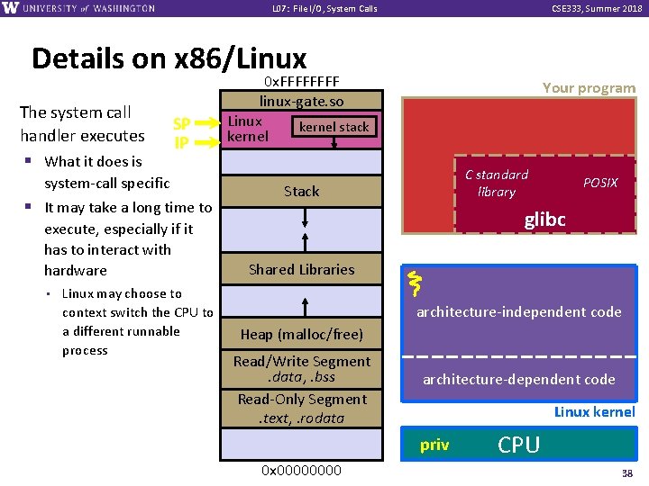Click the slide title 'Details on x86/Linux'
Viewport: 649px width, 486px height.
tap(169, 58)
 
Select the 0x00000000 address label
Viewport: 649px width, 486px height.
tap(301, 470)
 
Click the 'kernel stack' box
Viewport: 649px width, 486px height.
tap(334, 127)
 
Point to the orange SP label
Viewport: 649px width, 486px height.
tap(181, 124)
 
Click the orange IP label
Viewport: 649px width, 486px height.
tap(181, 141)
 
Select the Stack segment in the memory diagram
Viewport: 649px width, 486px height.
tap(301, 191)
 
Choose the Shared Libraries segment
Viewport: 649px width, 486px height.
tap(301, 269)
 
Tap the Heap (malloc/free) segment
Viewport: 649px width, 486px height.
tap(301, 334)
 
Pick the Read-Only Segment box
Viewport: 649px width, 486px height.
tap(301, 408)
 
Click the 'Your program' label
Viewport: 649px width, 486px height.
tap(589, 88)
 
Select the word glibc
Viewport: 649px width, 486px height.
tap(544, 220)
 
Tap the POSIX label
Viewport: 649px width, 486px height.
tap(600, 183)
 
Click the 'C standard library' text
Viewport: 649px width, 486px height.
tap(497, 183)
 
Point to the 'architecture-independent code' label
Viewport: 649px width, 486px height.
tap(518, 312)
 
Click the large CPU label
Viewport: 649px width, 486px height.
tap(519, 445)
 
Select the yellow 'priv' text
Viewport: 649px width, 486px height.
tap(434, 445)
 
